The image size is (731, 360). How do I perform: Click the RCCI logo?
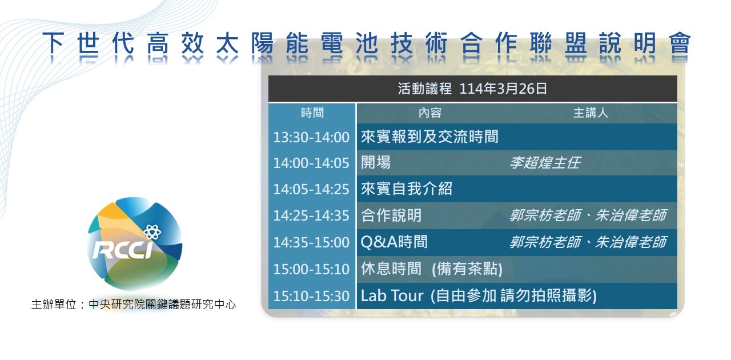[x=135, y=243]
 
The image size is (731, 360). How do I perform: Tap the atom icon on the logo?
[x=152, y=232]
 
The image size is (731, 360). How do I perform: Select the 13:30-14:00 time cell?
[x=311, y=137]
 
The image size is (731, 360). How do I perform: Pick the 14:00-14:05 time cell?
[x=311, y=163]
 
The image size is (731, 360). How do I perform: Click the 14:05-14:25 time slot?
[x=311, y=189]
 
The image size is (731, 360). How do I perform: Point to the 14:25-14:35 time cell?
[x=311, y=215]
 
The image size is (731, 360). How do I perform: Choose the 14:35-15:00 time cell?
[x=311, y=242]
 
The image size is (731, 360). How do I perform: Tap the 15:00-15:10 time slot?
[x=311, y=269]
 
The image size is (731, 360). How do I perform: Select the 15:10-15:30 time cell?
[x=311, y=296]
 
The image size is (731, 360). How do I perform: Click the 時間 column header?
[x=312, y=113]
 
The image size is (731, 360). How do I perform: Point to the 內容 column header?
[x=430, y=113]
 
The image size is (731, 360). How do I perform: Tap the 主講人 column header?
[x=591, y=113]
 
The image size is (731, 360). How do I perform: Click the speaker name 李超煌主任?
[x=545, y=163]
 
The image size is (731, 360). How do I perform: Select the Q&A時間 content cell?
[x=394, y=242]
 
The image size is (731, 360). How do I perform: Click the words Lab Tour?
[x=392, y=295]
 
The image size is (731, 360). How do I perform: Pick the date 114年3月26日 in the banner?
[x=503, y=89]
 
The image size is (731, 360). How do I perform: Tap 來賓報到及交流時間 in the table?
[x=429, y=137]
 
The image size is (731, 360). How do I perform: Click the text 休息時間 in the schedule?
[x=391, y=269]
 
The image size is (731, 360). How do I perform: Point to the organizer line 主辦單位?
[x=134, y=305]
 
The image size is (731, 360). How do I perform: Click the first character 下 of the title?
[x=53, y=43]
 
